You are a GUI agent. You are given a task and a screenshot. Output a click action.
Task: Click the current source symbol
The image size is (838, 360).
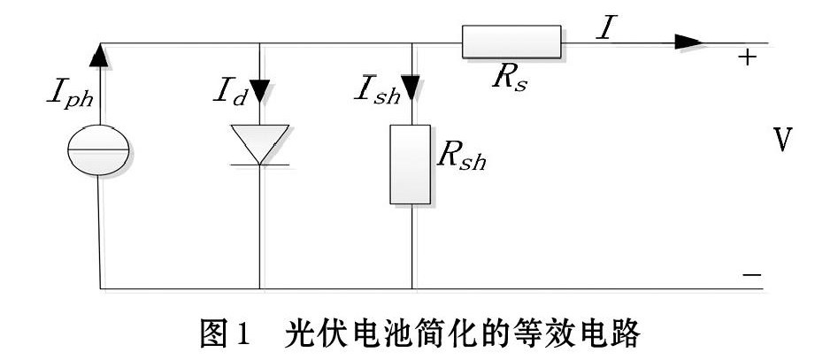[98, 150]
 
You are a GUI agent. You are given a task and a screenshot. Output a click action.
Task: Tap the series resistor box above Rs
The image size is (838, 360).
[511, 41]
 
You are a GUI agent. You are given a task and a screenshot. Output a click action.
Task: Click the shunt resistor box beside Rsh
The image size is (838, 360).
[410, 165]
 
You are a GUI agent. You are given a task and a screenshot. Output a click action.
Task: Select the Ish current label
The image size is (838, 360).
[377, 93]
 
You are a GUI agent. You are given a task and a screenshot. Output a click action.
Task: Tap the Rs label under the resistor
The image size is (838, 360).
[510, 79]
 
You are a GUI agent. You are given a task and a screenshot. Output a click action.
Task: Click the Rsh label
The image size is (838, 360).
[461, 157]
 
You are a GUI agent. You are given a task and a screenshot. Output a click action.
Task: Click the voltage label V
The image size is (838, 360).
[782, 140]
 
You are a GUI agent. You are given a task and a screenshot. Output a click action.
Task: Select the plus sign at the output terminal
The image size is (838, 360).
[748, 57]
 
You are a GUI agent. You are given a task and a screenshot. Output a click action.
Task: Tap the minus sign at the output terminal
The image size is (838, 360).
[751, 275]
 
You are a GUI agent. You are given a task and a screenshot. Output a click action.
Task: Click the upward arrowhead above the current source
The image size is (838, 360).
[99, 55]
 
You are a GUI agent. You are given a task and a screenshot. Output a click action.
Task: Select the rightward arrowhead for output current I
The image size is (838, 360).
[688, 42]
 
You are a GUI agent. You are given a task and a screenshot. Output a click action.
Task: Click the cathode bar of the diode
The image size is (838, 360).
[260, 165]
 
